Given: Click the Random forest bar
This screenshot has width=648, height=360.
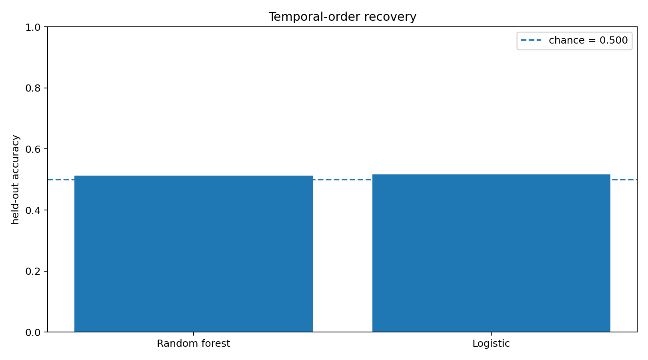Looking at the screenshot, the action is click(x=194, y=254).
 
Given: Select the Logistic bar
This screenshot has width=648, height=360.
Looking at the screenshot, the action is click(x=491, y=253).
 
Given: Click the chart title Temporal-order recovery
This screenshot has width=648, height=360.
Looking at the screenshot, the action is click(x=342, y=17).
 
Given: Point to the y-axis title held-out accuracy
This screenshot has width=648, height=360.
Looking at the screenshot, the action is click(x=15, y=180).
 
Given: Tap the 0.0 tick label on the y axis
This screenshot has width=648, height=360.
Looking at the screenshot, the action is click(x=33, y=332).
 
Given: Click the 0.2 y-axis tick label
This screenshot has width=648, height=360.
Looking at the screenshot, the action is click(x=33, y=272).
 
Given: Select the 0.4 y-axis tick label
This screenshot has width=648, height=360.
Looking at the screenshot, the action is click(x=33, y=210).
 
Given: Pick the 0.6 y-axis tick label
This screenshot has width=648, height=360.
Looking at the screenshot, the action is click(x=33, y=149).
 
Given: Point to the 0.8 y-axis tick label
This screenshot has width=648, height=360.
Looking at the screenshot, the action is click(x=33, y=88).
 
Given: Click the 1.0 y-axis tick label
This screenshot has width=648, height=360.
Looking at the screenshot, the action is click(x=33, y=28).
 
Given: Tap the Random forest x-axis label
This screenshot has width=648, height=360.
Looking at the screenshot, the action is click(x=194, y=344).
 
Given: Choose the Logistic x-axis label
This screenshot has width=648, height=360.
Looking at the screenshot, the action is click(x=491, y=344).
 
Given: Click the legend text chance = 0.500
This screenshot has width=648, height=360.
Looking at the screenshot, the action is click(x=588, y=40).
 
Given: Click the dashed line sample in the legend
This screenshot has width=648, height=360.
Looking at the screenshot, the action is click(x=531, y=40).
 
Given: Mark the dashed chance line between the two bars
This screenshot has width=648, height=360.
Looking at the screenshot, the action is click(x=342, y=180).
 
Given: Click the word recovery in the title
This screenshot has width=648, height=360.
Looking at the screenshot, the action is click(x=390, y=17).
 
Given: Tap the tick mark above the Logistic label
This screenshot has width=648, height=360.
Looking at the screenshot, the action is click(x=491, y=334).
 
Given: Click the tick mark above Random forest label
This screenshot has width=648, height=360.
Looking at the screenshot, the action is click(x=194, y=334).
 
